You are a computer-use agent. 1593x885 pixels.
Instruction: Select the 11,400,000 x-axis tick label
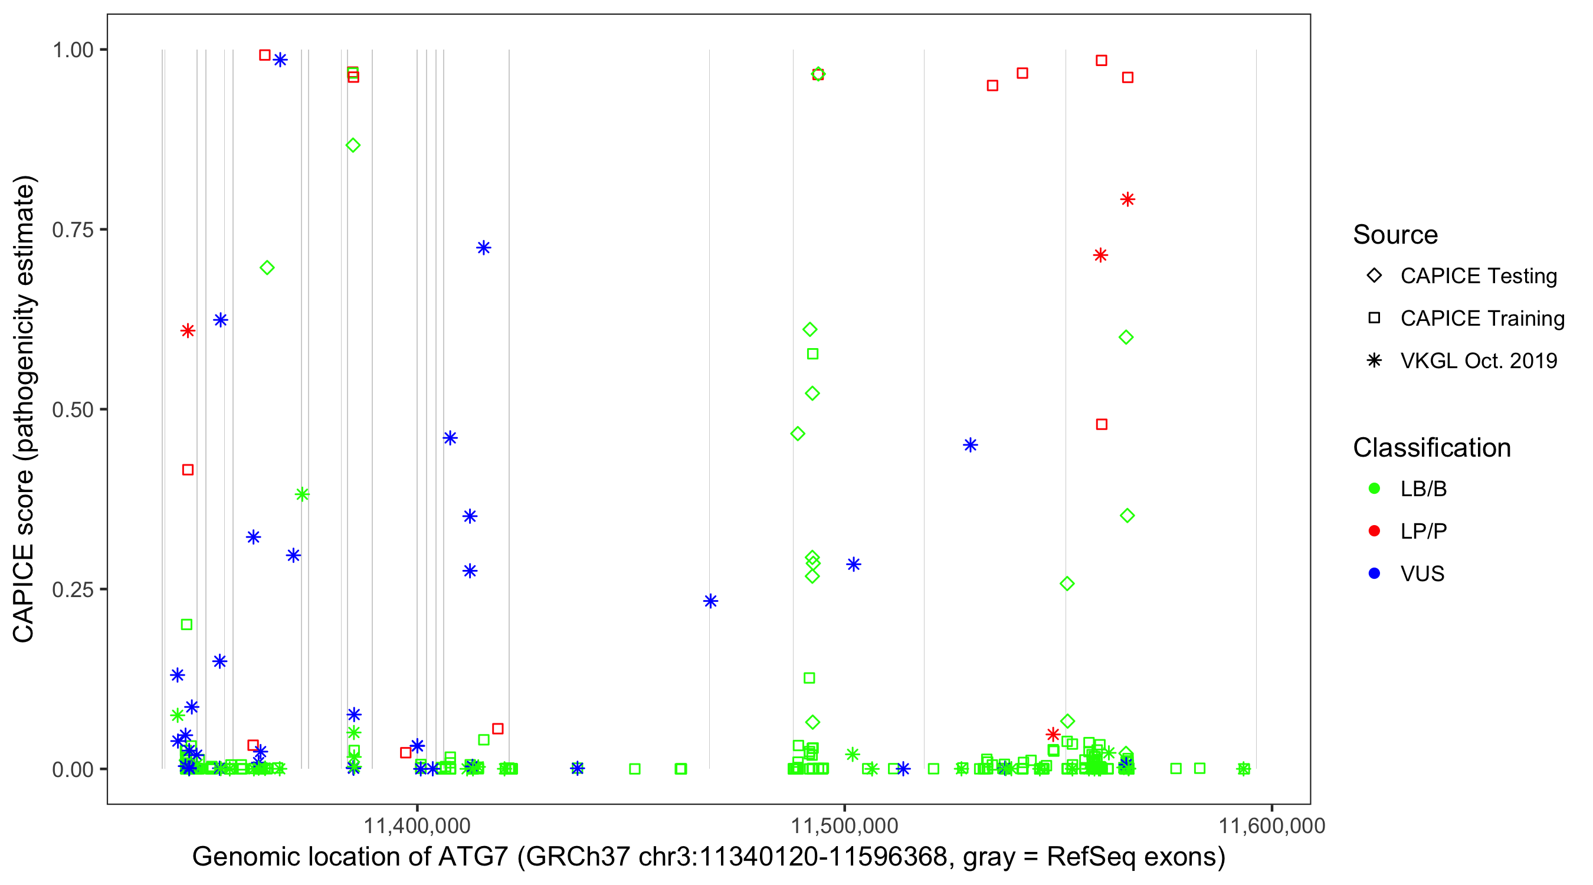(417, 825)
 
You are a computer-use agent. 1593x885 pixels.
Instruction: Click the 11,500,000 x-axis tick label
(844, 825)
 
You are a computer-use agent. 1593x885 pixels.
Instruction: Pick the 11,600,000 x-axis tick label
(1271, 825)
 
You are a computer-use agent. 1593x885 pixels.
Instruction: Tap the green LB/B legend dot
(1374, 489)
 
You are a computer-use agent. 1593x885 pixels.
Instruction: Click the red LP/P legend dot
(1374, 531)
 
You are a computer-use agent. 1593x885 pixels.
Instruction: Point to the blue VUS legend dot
(1374, 574)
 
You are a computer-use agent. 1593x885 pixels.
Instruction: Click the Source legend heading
(1395, 235)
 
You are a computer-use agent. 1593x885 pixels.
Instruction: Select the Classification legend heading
(1431, 448)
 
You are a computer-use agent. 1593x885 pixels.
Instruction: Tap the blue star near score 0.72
(484, 248)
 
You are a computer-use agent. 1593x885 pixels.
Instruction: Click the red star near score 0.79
(1127, 199)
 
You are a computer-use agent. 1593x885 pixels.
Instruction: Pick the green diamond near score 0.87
(353, 145)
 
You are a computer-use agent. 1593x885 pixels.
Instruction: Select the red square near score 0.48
(1102, 424)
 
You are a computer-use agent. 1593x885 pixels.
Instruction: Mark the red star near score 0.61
(188, 331)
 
